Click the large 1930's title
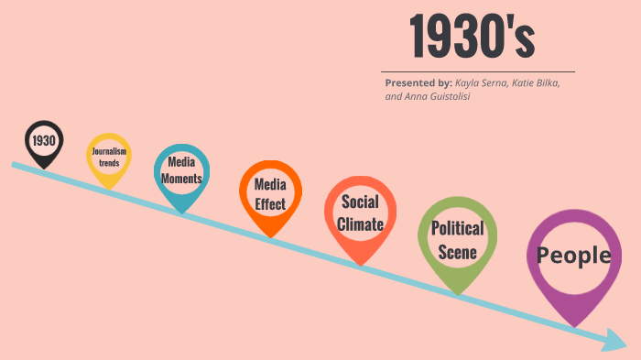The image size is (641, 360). coord(472,37)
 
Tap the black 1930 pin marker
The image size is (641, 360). coord(43,141)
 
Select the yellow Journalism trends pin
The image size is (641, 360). coord(109,157)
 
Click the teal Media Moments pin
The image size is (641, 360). coord(181,171)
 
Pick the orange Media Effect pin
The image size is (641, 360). coord(270,193)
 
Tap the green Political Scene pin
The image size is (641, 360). coord(457,239)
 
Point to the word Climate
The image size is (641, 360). coord(360,224)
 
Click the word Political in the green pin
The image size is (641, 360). coord(457,229)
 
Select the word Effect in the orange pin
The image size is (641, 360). coord(270,203)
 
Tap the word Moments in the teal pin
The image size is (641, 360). coord(181,179)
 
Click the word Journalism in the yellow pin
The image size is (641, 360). coord(109,151)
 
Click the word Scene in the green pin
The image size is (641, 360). coord(457,251)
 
